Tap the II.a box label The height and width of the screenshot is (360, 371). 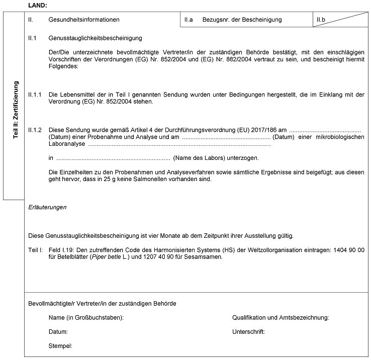(189, 20)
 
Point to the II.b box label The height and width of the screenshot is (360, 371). (321, 20)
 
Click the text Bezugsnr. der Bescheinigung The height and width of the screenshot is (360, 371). (242, 20)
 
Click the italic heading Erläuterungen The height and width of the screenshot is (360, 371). (47, 207)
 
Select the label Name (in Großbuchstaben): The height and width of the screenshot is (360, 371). (86, 318)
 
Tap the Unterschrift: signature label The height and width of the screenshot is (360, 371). (248, 332)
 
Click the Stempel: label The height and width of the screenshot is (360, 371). (60, 346)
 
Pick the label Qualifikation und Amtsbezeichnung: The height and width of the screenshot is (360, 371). (281, 318)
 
